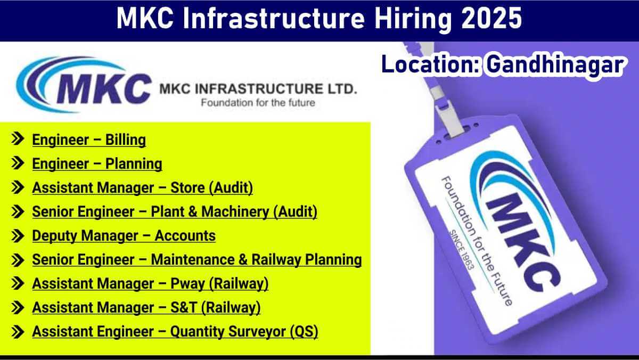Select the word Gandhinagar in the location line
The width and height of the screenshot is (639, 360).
pos(555,65)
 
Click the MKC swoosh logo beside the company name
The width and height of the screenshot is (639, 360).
pos(83,85)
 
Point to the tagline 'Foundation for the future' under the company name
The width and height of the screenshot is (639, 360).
pos(258,103)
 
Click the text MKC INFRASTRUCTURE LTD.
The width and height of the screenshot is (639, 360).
pos(258,89)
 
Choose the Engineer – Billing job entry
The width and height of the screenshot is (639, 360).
pos(89,140)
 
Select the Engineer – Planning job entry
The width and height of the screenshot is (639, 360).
pos(97,164)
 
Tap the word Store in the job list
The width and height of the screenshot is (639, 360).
pos(187,187)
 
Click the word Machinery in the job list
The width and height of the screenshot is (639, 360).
pos(235,212)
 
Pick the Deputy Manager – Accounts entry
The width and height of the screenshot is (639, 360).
pos(124,236)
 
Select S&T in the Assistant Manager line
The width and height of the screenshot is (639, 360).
pos(184,307)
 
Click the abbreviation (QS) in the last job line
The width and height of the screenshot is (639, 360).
pos(304,332)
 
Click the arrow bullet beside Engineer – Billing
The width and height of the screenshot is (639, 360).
pos(18,139)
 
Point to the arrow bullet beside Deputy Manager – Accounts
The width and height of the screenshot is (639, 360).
pos(18,236)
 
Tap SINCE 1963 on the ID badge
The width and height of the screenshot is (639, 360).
pos(462,250)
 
